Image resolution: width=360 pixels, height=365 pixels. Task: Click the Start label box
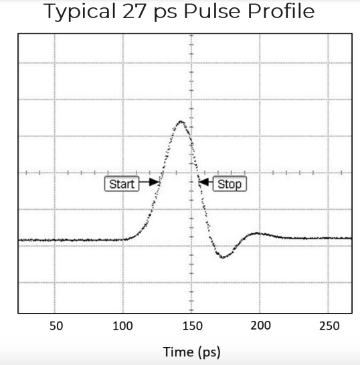click(121, 184)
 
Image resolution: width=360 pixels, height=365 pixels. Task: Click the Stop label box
click(230, 184)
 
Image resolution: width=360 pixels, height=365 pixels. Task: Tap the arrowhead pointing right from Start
click(155, 182)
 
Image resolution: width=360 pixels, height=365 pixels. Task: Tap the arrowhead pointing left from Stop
click(204, 182)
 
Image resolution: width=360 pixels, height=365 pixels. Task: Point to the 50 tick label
click(56, 326)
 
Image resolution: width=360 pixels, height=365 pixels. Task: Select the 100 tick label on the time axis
click(122, 326)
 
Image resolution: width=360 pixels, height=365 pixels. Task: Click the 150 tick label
click(192, 326)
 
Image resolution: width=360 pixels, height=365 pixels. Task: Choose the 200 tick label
click(260, 326)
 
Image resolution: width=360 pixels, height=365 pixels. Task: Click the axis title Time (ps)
click(191, 352)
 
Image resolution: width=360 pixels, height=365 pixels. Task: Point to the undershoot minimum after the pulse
click(223, 257)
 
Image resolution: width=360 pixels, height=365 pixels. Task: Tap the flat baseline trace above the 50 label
click(56, 239)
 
